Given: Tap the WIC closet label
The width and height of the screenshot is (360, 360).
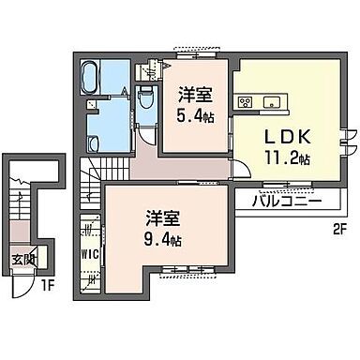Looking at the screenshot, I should tap(89, 252).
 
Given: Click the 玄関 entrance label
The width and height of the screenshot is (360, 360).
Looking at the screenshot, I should tap(23, 260).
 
